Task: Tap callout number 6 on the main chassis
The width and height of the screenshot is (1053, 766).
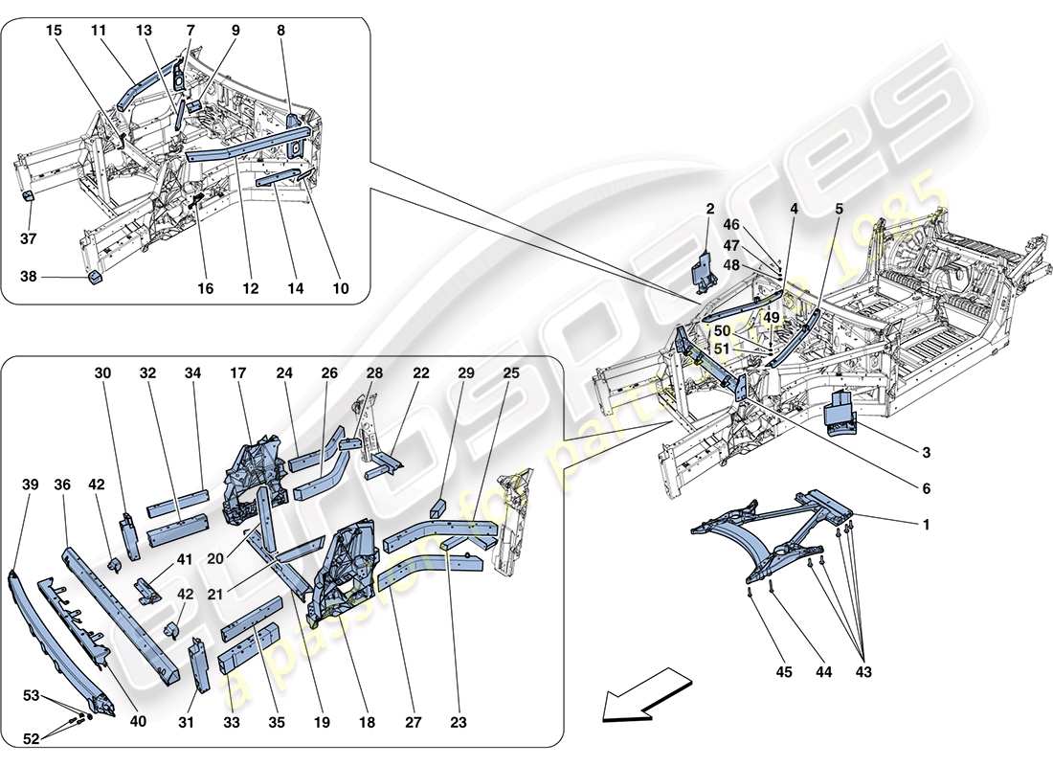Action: click(926, 488)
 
